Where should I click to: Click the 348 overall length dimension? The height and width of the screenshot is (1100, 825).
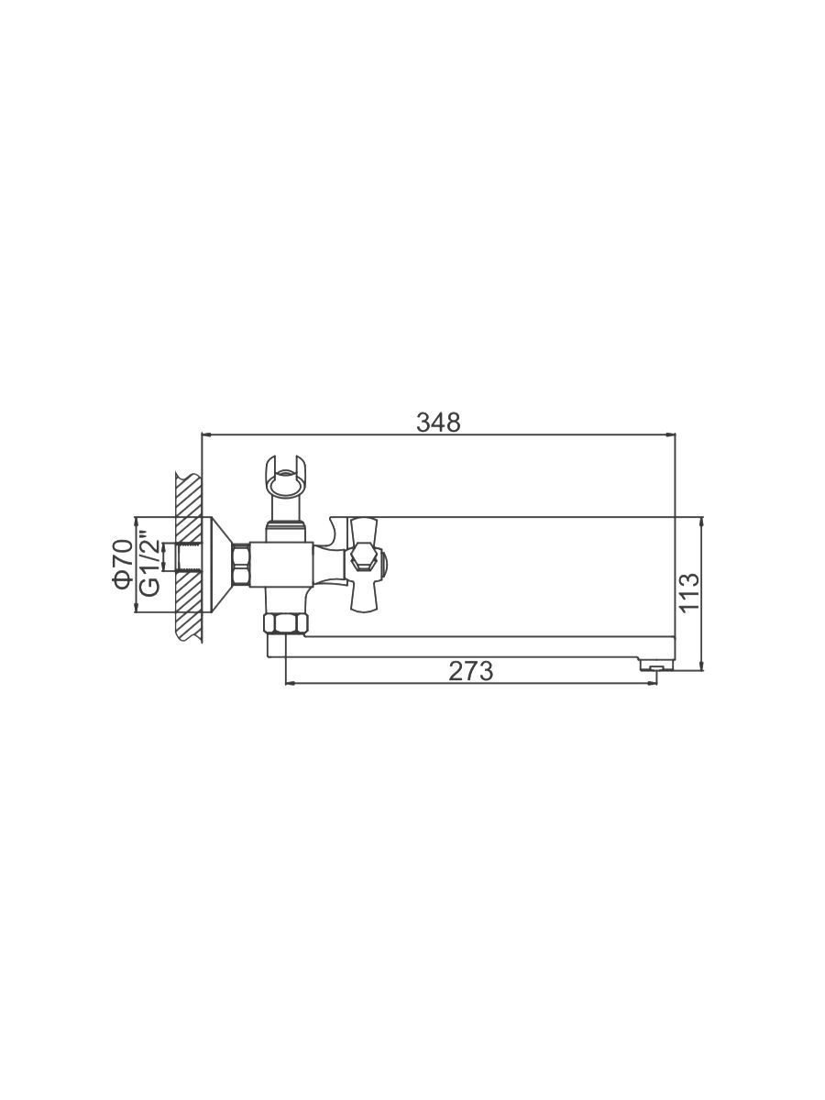coord(438,423)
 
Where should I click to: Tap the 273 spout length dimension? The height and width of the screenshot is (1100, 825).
coord(470,671)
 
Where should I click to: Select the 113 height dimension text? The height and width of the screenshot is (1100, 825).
coord(689,592)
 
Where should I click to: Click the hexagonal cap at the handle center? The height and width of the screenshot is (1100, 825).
coord(364,557)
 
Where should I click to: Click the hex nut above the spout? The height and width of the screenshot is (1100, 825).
coord(286,624)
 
